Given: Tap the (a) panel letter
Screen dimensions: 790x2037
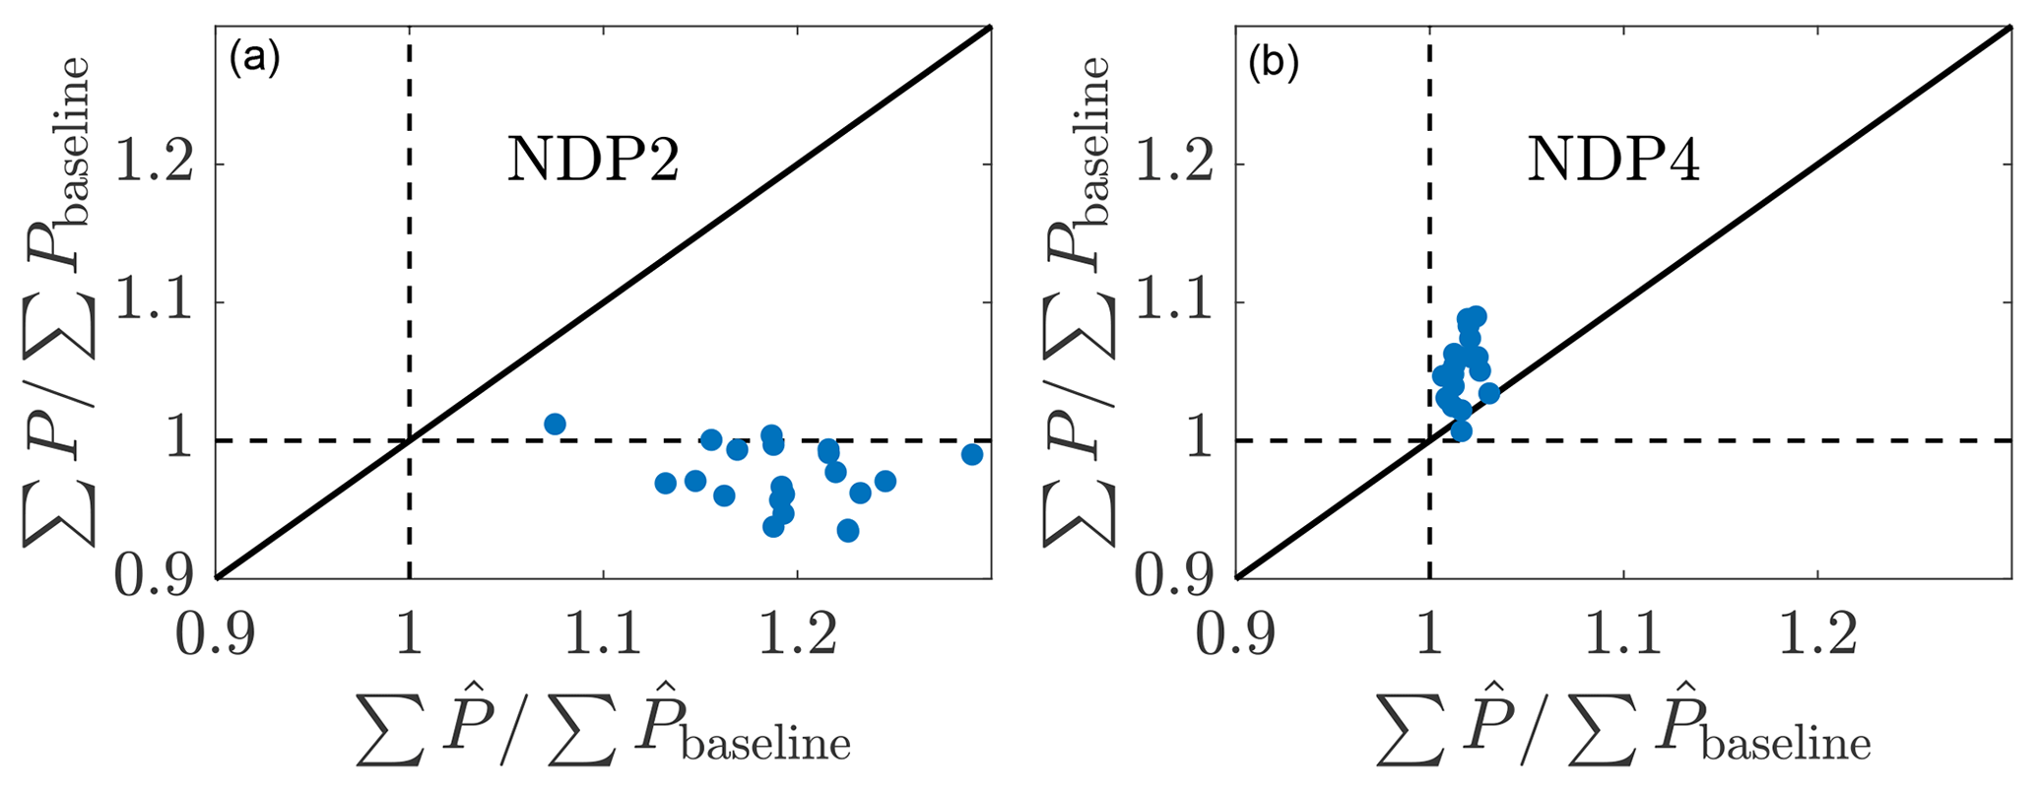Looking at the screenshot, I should (x=255, y=61).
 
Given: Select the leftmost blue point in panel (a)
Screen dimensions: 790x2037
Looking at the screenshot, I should (x=555, y=425).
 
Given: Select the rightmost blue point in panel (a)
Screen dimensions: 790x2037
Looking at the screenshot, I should (x=972, y=454).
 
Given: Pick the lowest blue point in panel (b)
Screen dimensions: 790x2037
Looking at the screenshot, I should (x=1461, y=430).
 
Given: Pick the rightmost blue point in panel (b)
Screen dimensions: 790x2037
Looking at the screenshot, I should (x=1489, y=394).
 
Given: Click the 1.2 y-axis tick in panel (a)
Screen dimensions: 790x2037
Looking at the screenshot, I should (x=154, y=165).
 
